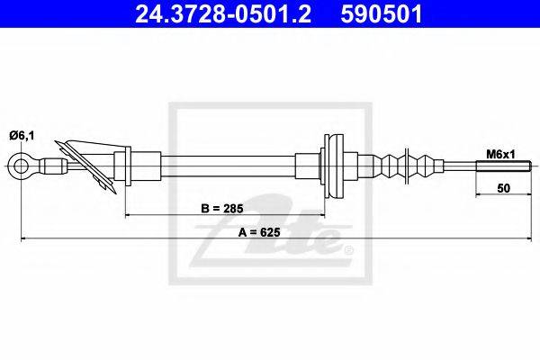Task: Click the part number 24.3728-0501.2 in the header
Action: pyautogui.click(x=223, y=14)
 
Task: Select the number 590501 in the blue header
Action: pyautogui.click(x=382, y=14)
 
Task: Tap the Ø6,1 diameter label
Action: pyautogui.click(x=22, y=136)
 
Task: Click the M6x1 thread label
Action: pyautogui.click(x=500, y=155)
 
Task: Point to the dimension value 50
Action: pyautogui.click(x=503, y=188)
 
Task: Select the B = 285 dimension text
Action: pyautogui.click(x=222, y=209)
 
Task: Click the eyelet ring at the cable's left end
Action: pyautogui.click(x=13, y=166)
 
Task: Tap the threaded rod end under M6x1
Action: pyautogui.click(x=503, y=166)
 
